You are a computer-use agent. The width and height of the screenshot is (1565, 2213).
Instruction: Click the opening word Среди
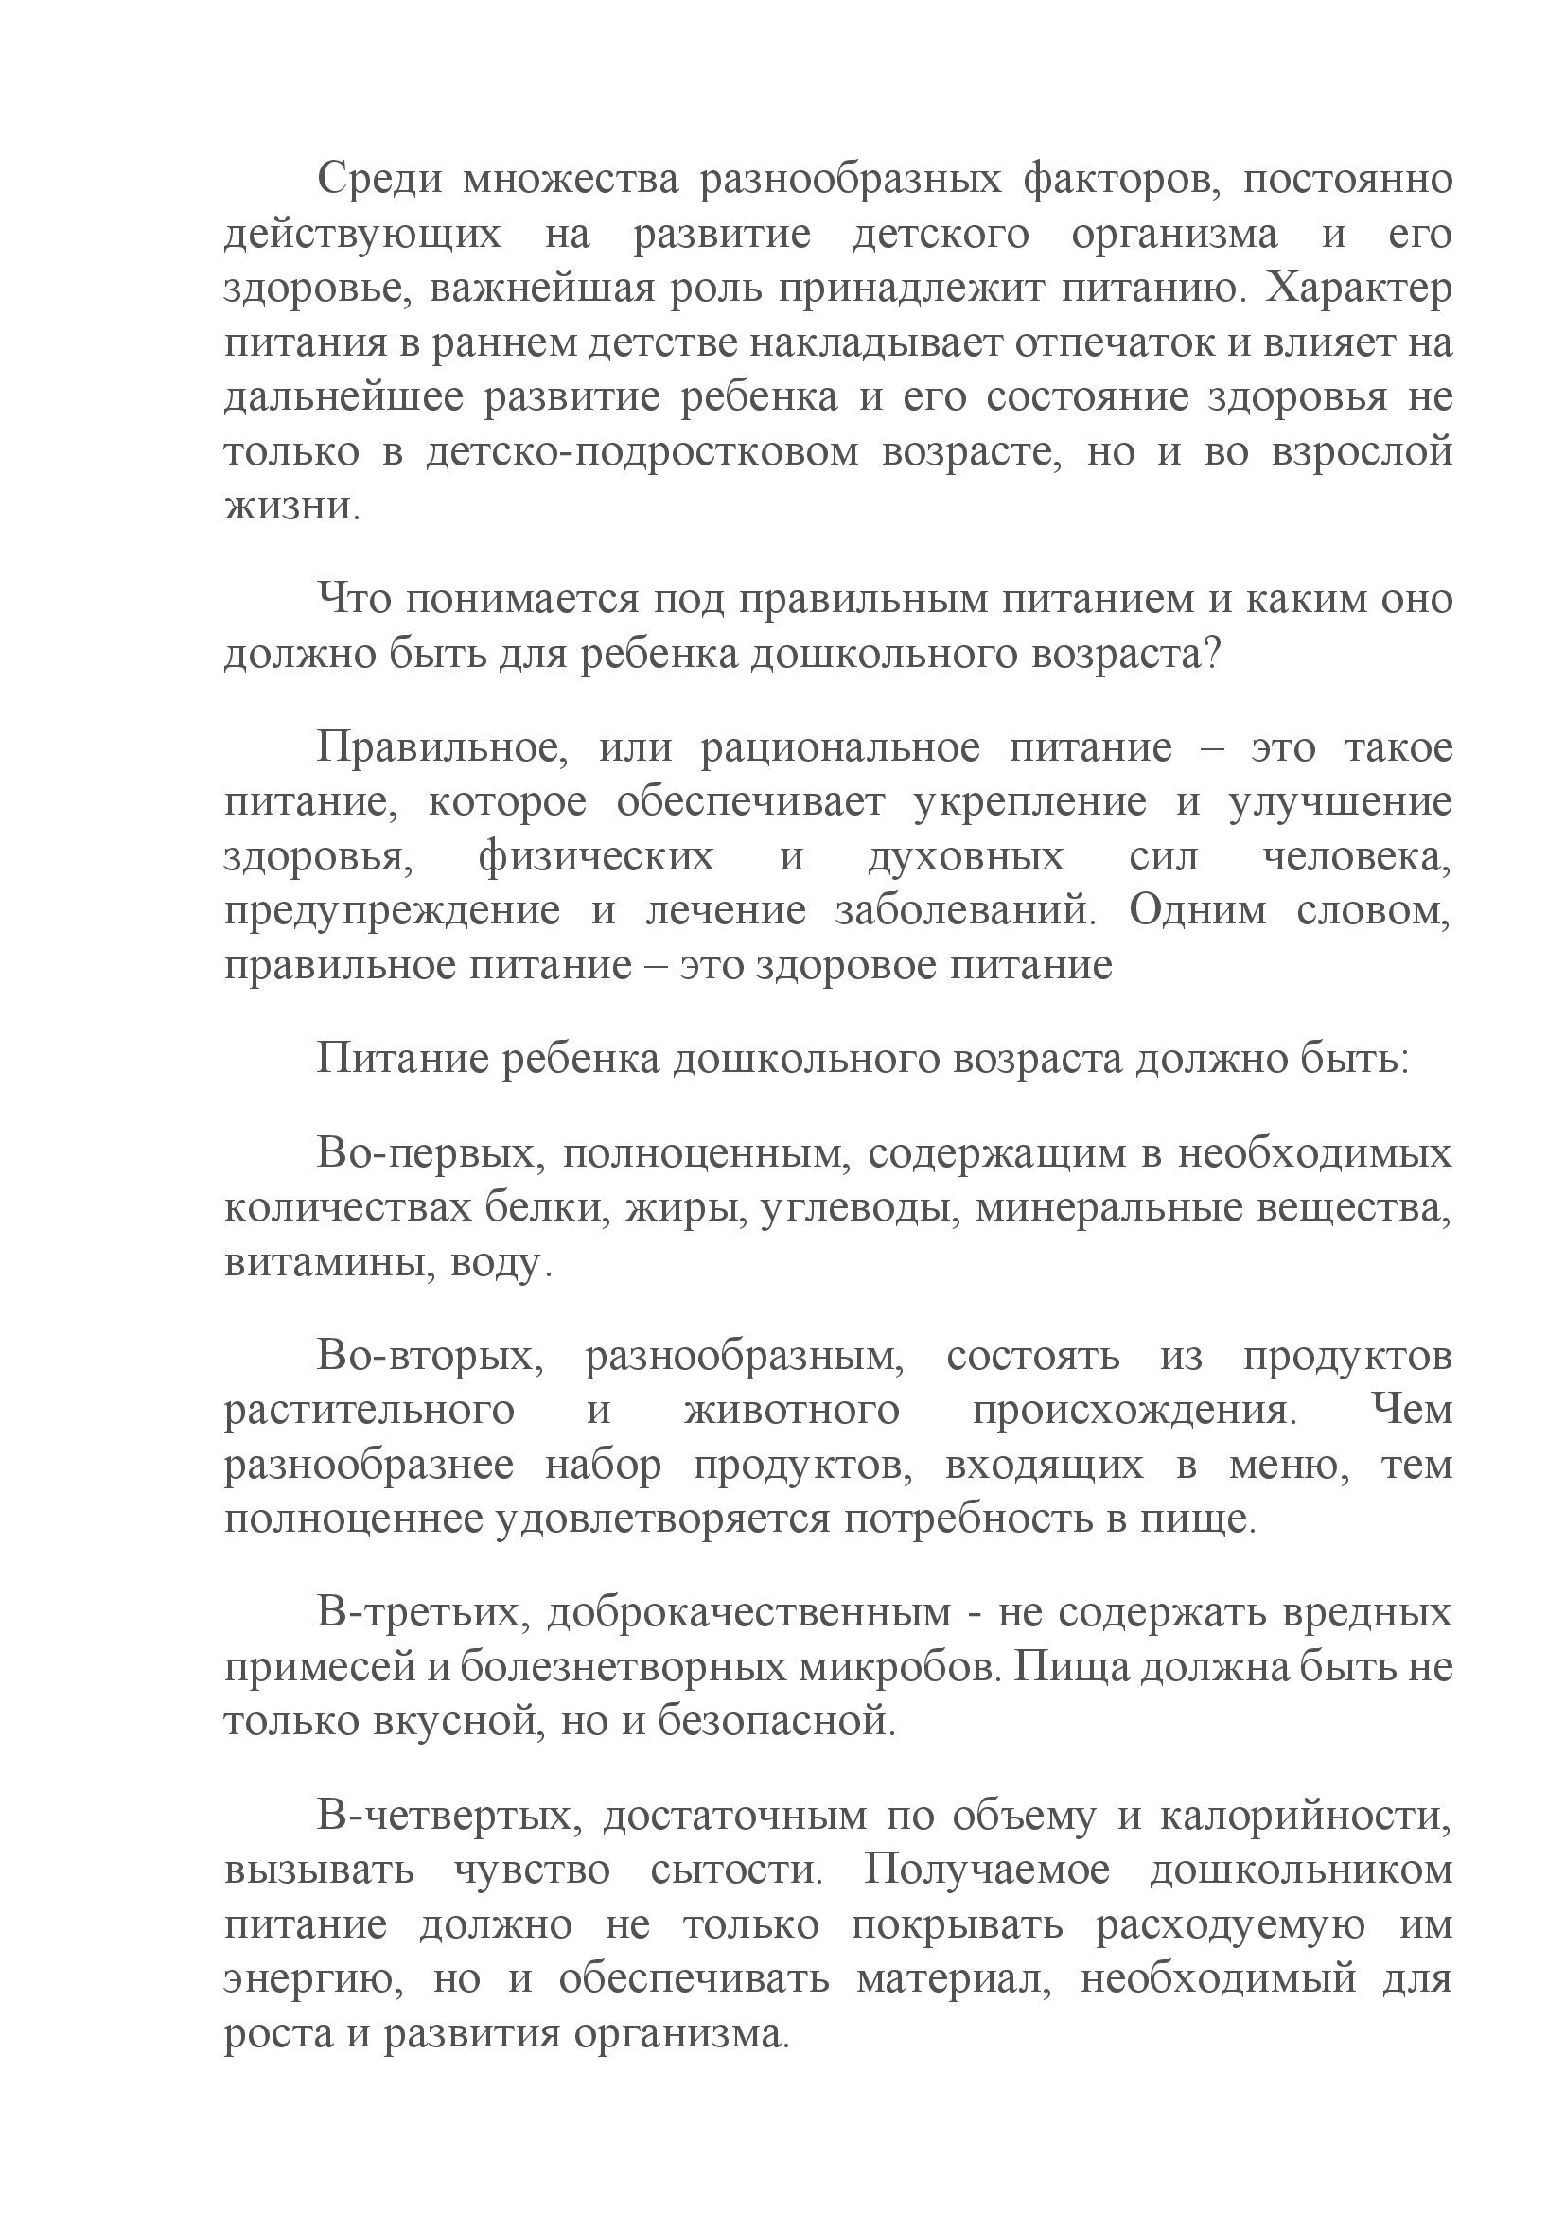point(376,181)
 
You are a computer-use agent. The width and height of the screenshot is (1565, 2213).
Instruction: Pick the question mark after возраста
point(1212,656)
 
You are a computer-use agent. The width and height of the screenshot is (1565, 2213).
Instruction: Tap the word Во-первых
point(424,1153)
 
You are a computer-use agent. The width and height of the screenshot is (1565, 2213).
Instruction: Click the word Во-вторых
point(430,1357)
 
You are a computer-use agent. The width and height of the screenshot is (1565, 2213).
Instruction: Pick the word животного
point(791,1411)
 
